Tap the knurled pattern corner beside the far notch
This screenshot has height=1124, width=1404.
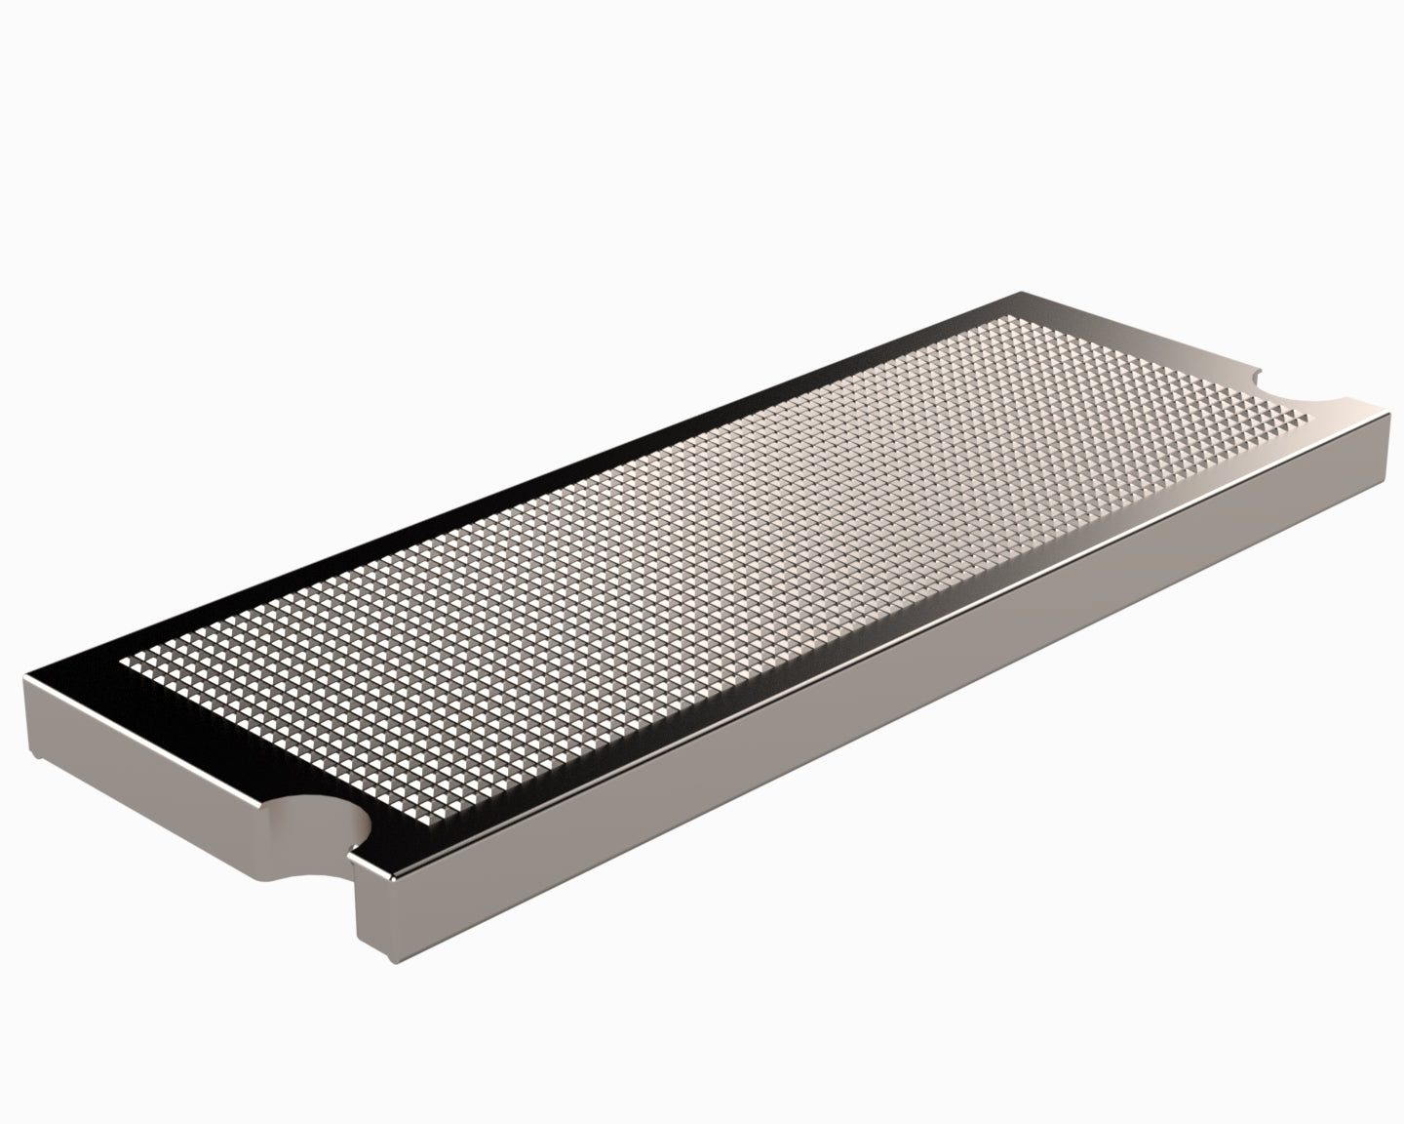[1311, 418]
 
